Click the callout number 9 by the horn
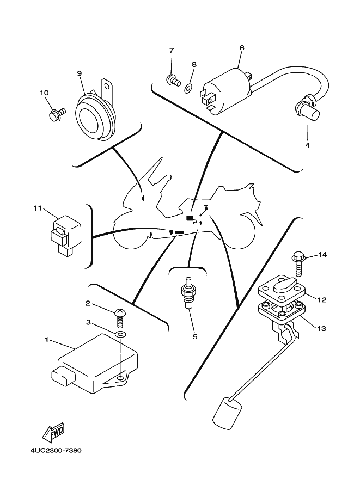(x=79, y=73)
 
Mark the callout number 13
(x=322, y=328)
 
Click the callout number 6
(x=241, y=47)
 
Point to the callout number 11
(x=37, y=208)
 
